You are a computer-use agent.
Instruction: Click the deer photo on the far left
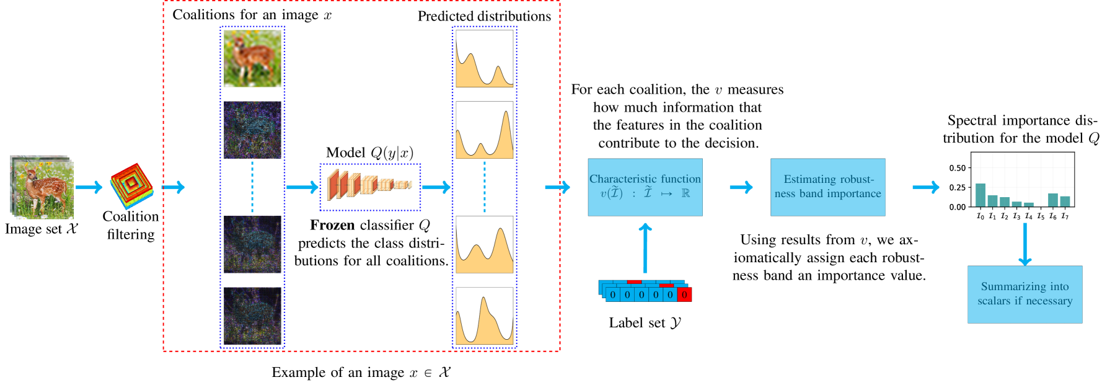42,187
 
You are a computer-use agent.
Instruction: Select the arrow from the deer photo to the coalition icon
89,187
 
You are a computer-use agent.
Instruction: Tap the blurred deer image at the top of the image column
252,59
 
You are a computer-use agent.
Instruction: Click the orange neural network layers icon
369,185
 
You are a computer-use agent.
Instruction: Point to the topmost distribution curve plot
484,59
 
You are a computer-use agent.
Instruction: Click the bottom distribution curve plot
484,315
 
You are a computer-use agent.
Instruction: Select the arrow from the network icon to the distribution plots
436,187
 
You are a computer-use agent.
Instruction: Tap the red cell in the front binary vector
684,294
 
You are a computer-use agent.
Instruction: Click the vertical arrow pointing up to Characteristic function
645,248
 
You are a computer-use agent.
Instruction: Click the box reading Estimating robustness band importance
827,187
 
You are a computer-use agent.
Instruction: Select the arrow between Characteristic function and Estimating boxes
741,187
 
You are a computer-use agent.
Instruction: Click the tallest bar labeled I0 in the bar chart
980,195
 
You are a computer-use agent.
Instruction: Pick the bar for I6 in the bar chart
1052,200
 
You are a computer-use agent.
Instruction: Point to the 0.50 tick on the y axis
957,168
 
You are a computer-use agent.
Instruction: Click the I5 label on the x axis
1041,216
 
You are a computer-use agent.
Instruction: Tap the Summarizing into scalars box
1025,294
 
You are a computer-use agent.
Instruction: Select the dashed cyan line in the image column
252,187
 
